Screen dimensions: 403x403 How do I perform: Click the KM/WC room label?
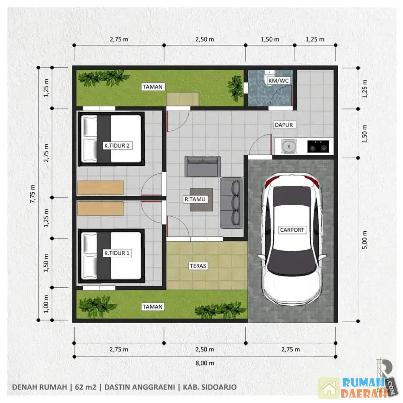(x=278, y=81)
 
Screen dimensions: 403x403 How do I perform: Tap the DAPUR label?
(x=284, y=125)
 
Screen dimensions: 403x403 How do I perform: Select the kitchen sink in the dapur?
(x=289, y=147)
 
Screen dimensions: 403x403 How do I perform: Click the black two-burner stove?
(x=318, y=147)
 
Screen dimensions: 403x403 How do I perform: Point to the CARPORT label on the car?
(x=292, y=230)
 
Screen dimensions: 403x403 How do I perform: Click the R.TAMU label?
(x=195, y=199)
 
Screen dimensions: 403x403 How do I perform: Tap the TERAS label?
(x=198, y=266)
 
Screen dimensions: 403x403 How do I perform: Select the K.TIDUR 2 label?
(x=117, y=146)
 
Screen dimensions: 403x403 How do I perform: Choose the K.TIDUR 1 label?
(x=117, y=253)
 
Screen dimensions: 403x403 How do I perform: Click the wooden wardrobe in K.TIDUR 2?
(x=100, y=188)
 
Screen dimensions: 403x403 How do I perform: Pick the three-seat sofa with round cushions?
(x=231, y=203)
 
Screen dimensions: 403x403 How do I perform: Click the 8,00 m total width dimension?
(x=205, y=363)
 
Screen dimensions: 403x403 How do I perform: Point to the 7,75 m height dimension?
(x=33, y=194)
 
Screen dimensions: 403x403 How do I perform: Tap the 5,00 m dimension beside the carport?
(x=365, y=239)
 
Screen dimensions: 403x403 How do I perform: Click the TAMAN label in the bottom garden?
(x=153, y=307)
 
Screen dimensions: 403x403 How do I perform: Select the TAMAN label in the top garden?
(x=153, y=87)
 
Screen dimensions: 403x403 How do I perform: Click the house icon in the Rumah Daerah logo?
(x=329, y=388)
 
